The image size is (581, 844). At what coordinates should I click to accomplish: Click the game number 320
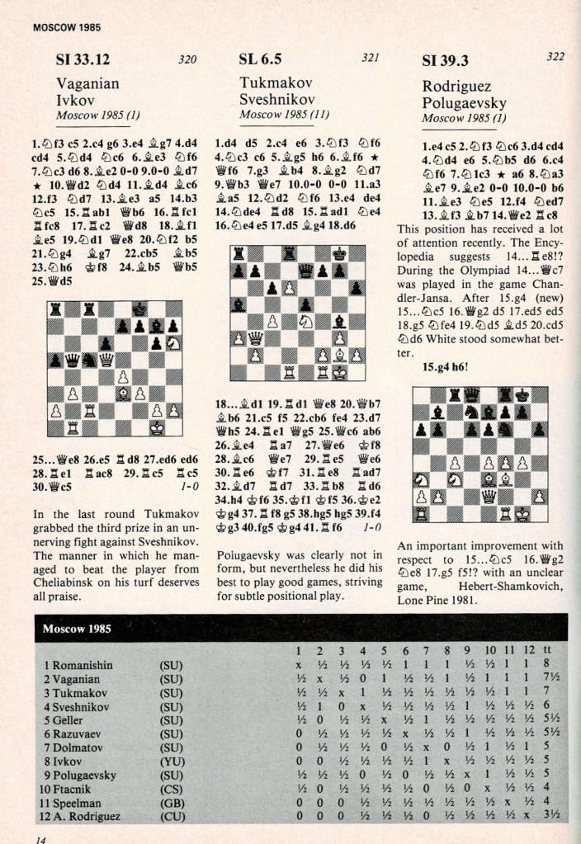(189, 60)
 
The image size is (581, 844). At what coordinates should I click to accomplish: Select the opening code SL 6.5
(261, 59)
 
